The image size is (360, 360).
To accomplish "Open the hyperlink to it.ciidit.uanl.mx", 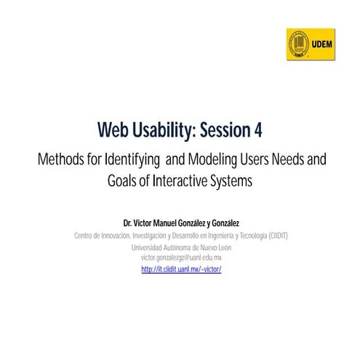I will click(181, 269).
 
